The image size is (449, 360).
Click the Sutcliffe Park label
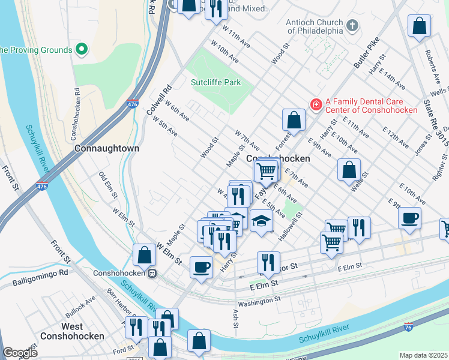coord(215,82)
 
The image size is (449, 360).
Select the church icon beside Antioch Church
coord(352,26)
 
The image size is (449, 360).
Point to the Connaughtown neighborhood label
coord(107,148)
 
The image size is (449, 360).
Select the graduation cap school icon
coord(261,221)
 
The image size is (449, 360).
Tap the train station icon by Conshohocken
coord(152,273)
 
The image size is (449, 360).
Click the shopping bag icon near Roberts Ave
coord(420,26)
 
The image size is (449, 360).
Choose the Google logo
coord(20,353)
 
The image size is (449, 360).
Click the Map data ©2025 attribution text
coord(423,355)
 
